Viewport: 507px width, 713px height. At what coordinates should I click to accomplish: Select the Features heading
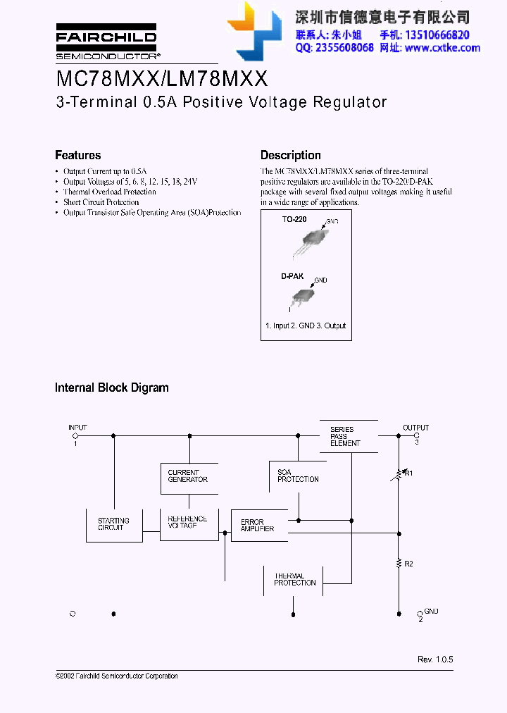coord(77,155)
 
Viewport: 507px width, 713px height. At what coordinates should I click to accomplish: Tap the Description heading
coord(290,155)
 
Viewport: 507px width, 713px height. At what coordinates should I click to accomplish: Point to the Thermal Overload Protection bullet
coord(109,192)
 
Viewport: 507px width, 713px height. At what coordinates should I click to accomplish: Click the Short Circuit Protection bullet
coord(101,202)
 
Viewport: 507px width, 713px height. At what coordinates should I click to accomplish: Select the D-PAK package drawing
coord(303,296)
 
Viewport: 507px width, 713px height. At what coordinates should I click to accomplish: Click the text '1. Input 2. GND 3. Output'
coord(306,325)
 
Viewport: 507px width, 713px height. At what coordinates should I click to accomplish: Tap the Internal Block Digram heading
coord(111,387)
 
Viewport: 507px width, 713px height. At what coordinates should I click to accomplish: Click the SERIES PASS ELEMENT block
coord(345,436)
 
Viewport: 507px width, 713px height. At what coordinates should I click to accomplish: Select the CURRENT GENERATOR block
coord(188,476)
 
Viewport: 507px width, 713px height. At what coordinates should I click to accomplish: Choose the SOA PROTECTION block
coord(297,476)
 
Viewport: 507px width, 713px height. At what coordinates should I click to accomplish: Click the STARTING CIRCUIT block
coord(113,524)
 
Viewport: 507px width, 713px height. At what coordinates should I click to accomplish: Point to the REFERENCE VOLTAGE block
coord(188,523)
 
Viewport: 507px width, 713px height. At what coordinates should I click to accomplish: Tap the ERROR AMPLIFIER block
coord(258,526)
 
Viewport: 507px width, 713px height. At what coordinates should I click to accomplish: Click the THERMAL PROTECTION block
coord(295,579)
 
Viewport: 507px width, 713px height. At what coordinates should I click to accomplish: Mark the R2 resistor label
coord(409,564)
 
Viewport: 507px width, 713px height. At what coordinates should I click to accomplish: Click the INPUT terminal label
coord(77,428)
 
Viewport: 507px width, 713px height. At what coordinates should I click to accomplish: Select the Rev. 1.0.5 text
coord(435,659)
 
